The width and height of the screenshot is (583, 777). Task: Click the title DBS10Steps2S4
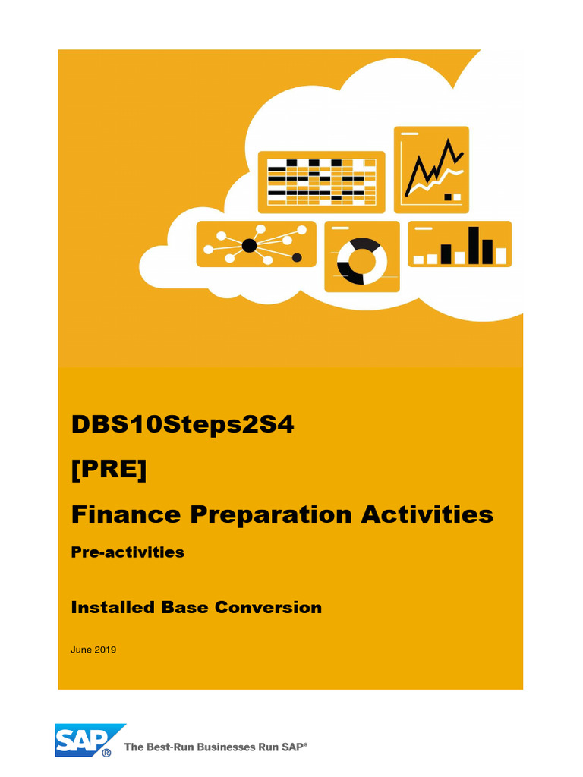click(x=182, y=425)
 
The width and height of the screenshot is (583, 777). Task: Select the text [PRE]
click(x=109, y=470)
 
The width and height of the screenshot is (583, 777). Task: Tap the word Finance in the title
click(x=126, y=514)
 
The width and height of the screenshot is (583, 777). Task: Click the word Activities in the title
click(x=427, y=514)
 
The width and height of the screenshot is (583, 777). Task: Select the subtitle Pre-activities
click(x=128, y=552)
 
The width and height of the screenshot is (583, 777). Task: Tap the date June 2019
click(x=93, y=650)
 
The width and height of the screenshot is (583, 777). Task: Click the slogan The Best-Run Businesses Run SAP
click(x=216, y=747)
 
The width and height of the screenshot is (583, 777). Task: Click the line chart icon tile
click(x=431, y=169)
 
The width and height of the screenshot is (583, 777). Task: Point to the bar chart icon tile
click(x=459, y=244)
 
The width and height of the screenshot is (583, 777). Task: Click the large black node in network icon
click(x=249, y=245)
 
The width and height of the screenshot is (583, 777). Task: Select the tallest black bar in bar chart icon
click(x=474, y=245)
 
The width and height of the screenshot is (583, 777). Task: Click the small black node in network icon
click(x=297, y=258)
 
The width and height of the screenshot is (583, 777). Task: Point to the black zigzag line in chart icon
click(x=434, y=167)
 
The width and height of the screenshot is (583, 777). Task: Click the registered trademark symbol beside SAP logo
click(x=107, y=753)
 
